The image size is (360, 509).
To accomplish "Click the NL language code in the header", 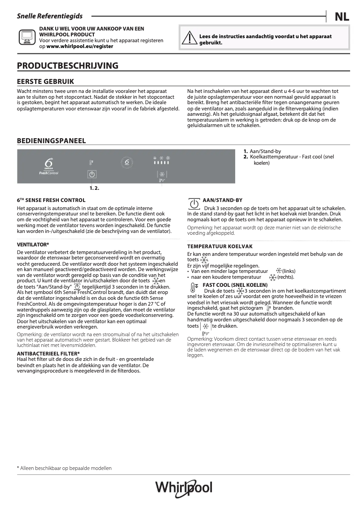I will [342, 17].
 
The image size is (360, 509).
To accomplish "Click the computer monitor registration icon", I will [26, 37].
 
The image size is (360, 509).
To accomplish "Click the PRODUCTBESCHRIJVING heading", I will [67, 66].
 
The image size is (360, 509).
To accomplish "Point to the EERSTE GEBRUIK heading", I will [45, 81].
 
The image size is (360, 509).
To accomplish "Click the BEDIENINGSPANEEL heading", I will [51, 141].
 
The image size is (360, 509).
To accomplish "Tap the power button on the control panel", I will [92, 175].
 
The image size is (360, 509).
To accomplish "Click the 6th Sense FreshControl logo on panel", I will [48, 166].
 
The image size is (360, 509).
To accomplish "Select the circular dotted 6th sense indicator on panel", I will [127, 162].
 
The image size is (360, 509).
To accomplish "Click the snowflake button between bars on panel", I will [162, 175].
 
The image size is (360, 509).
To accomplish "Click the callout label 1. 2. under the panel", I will [94, 188].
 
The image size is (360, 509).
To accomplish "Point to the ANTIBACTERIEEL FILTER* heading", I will [48, 354].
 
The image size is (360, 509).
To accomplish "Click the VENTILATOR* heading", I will [33, 245].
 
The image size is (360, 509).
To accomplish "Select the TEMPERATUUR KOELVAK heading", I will [220, 246].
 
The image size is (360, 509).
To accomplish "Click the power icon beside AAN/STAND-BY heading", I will [193, 204].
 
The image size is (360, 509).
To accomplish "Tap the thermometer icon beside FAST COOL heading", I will [193, 288].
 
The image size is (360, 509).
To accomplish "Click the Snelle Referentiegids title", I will [49, 16].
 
